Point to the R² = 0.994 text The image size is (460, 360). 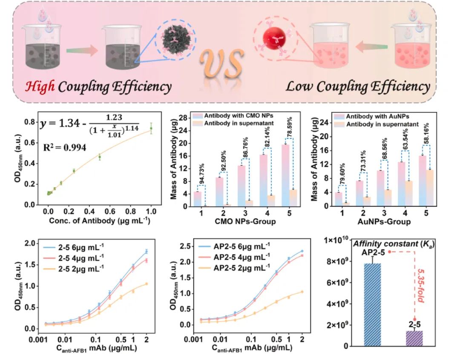[64, 148]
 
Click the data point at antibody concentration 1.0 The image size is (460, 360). [151, 128]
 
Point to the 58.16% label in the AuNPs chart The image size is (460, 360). [427, 133]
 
